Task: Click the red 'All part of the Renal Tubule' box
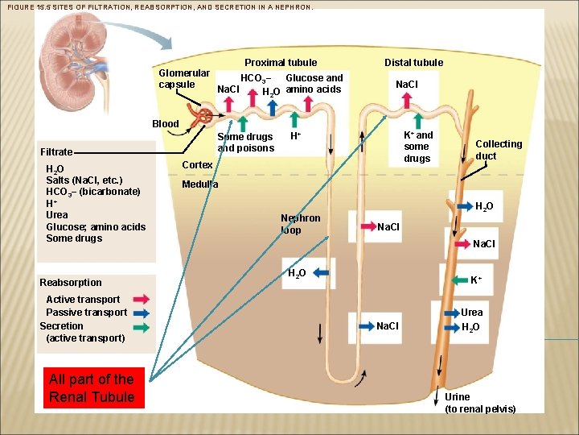click(x=91, y=387)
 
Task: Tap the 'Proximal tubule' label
click(x=281, y=62)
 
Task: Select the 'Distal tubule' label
click(x=413, y=62)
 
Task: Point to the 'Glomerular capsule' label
click(x=184, y=78)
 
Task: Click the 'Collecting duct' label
click(x=499, y=150)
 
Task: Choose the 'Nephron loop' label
click(x=300, y=224)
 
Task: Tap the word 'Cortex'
click(x=197, y=164)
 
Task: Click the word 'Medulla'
click(x=200, y=184)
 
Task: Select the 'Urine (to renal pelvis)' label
click(x=480, y=403)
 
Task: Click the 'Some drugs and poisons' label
click(x=245, y=143)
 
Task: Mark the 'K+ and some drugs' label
click(x=417, y=147)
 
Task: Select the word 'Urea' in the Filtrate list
click(x=57, y=215)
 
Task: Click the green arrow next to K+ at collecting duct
click(x=457, y=280)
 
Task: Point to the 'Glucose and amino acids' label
click(x=314, y=84)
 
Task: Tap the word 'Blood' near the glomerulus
click(x=166, y=124)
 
